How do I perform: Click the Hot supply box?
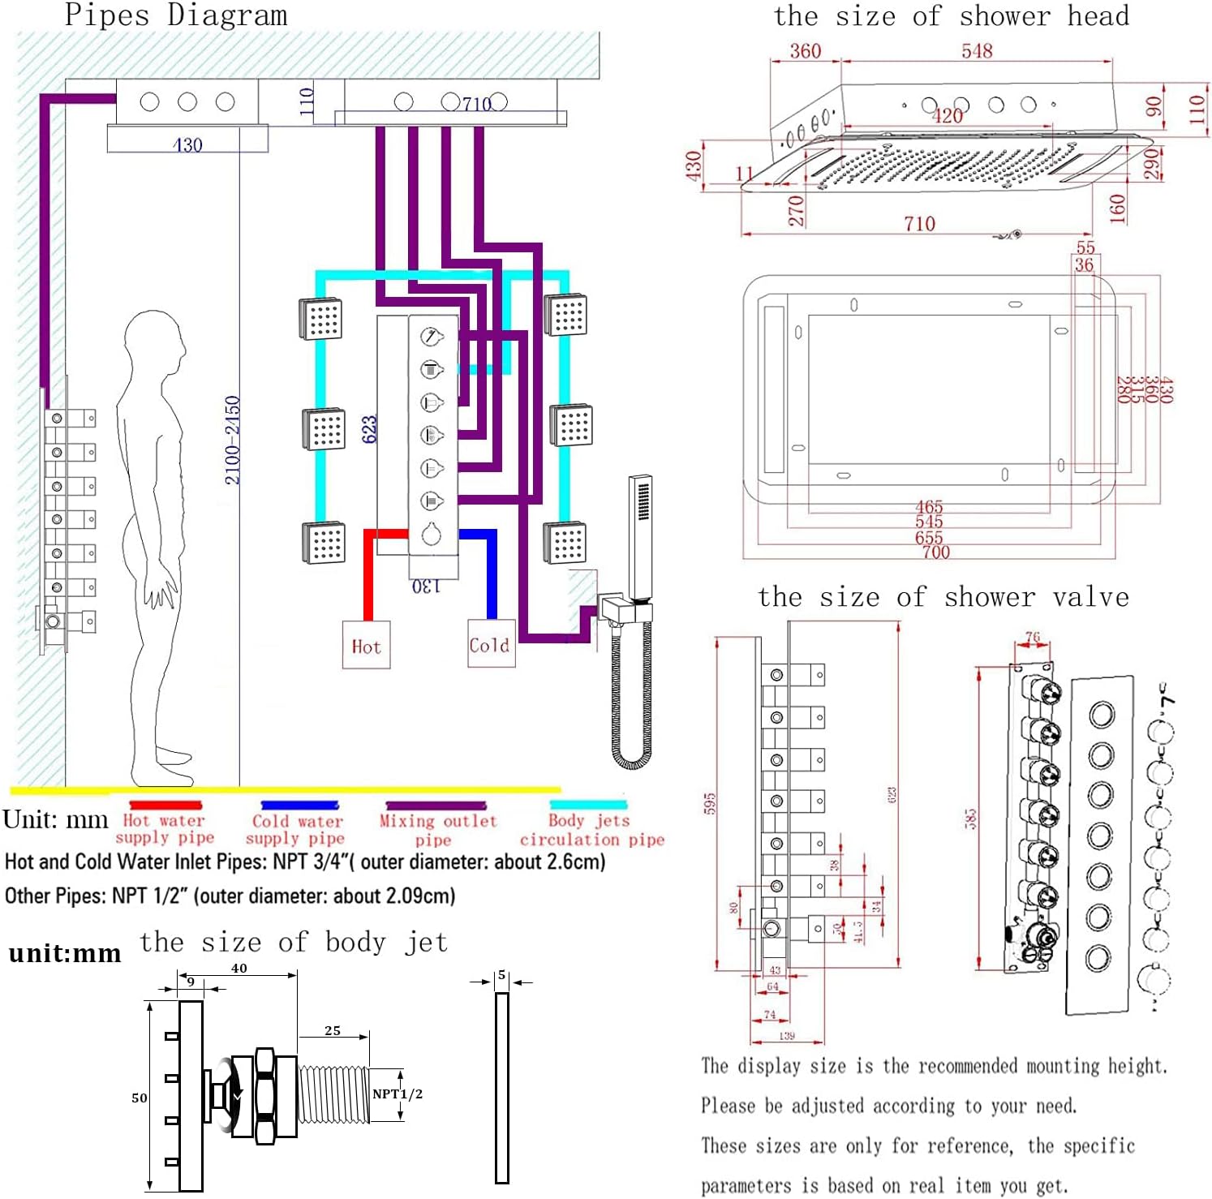(x=366, y=645)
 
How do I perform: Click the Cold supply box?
(x=491, y=644)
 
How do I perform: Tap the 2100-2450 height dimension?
(x=232, y=440)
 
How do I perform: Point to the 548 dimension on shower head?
(x=977, y=51)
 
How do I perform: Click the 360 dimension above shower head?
(x=805, y=51)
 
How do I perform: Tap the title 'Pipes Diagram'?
(x=176, y=15)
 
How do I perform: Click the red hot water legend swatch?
(x=165, y=806)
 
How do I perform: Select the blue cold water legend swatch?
(x=299, y=806)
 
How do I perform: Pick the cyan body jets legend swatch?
(x=588, y=806)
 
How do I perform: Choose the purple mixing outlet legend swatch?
(x=436, y=806)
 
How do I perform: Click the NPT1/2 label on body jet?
(x=397, y=1094)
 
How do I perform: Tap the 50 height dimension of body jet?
(x=139, y=1098)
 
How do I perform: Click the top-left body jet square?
(x=320, y=318)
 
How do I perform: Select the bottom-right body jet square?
(x=565, y=542)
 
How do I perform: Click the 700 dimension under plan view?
(x=935, y=552)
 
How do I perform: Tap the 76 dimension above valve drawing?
(x=1032, y=638)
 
